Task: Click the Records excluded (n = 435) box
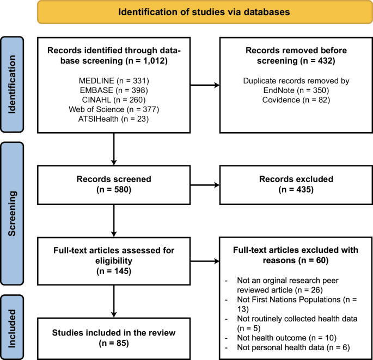click(296, 185)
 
